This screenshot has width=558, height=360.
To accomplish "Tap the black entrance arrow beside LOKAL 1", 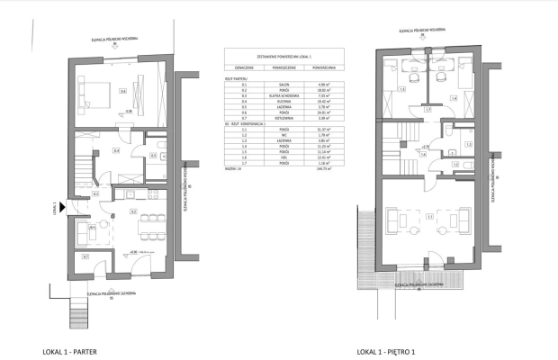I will point(62,204).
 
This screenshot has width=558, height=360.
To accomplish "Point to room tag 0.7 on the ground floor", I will point(85,257).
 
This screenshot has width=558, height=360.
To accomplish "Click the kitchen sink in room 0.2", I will point(131,195).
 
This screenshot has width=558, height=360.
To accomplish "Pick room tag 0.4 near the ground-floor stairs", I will point(115,151).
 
